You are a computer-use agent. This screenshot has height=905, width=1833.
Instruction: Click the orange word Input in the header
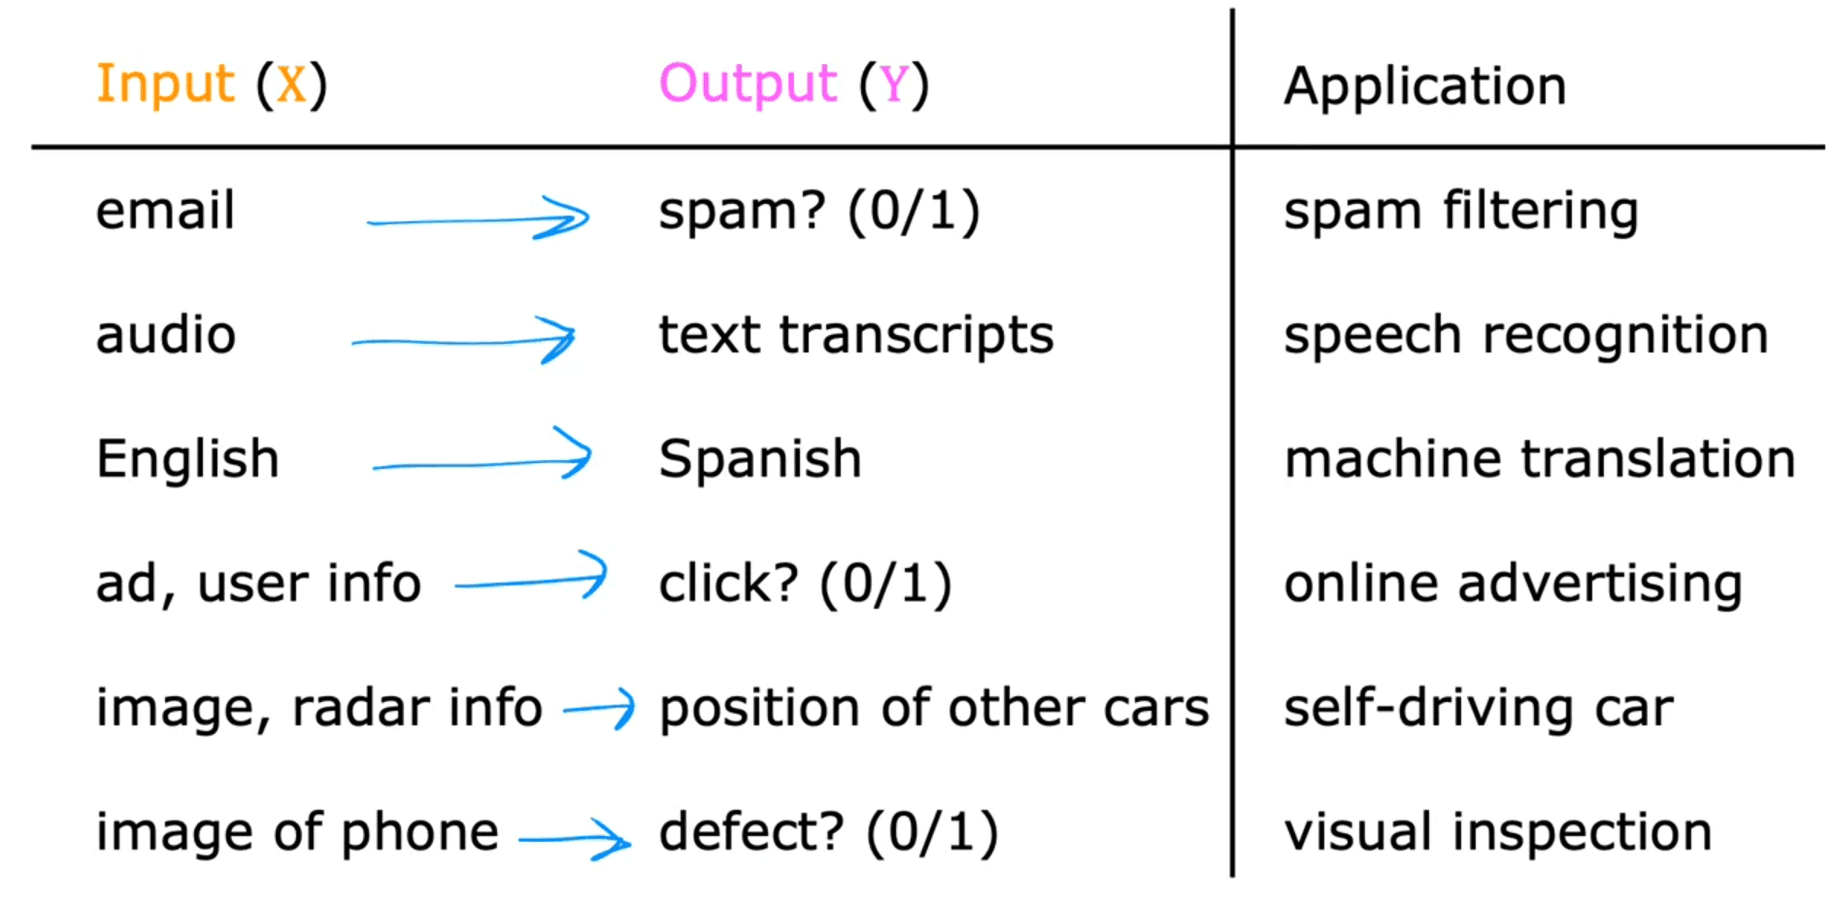165,84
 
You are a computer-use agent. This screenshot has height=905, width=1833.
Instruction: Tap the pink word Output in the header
748,84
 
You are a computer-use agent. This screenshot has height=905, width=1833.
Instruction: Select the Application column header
1424,86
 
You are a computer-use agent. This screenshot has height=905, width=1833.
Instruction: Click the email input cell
165,211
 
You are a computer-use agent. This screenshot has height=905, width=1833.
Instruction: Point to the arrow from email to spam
478,219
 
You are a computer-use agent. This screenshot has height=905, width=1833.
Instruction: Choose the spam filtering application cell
1460,212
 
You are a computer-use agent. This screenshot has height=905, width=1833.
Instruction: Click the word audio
165,336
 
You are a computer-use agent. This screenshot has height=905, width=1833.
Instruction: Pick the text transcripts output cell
855,336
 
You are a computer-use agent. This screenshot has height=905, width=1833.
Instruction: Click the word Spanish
759,459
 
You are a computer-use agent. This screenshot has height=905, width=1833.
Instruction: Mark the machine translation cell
1539,459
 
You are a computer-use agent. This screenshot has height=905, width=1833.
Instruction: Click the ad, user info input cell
258,584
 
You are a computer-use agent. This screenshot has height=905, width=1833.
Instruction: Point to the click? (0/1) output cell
805,584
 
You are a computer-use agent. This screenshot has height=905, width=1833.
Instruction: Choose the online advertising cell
1513,584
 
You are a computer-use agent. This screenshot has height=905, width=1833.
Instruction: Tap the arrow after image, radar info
599,709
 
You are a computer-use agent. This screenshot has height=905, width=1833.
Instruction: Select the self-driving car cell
1478,708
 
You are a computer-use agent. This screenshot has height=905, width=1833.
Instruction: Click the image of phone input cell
297,832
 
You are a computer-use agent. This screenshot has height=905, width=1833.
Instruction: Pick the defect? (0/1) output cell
828,832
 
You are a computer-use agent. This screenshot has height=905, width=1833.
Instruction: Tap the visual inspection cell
1497,832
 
